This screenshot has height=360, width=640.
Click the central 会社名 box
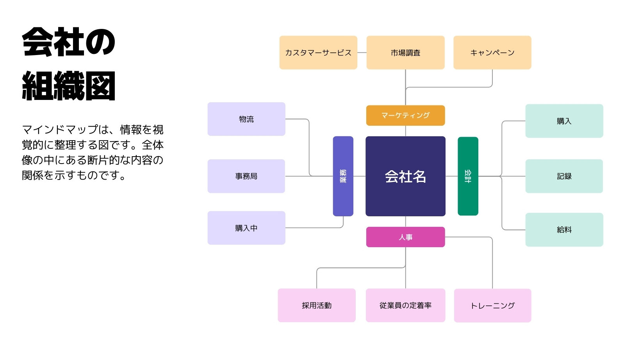click(x=405, y=176)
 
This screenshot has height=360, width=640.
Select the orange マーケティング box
click(x=405, y=116)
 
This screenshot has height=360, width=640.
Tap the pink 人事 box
click(x=405, y=237)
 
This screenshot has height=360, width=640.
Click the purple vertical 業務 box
click(x=343, y=176)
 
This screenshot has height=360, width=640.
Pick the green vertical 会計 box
click(x=468, y=176)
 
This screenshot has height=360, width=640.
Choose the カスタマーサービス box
click(x=318, y=53)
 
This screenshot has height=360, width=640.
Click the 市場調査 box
click(x=405, y=53)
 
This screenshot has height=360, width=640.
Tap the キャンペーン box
click(x=492, y=53)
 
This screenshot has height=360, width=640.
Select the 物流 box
click(x=246, y=119)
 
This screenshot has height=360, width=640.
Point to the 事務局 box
click(x=246, y=176)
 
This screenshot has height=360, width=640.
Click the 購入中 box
click(x=246, y=228)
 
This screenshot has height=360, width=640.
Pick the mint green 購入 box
click(x=564, y=121)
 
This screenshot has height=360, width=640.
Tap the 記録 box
click(x=564, y=176)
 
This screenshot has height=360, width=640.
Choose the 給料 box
click(x=564, y=230)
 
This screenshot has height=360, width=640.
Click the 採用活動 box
click(x=317, y=305)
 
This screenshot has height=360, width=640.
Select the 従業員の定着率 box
click(x=405, y=305)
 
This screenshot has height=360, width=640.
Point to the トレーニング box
click(x=492, y=306)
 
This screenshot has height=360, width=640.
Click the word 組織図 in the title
click(x=69, y=86)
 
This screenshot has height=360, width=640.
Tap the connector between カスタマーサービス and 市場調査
click(x=362, y=53)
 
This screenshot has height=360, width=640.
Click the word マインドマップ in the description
click(x=60, y=130)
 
